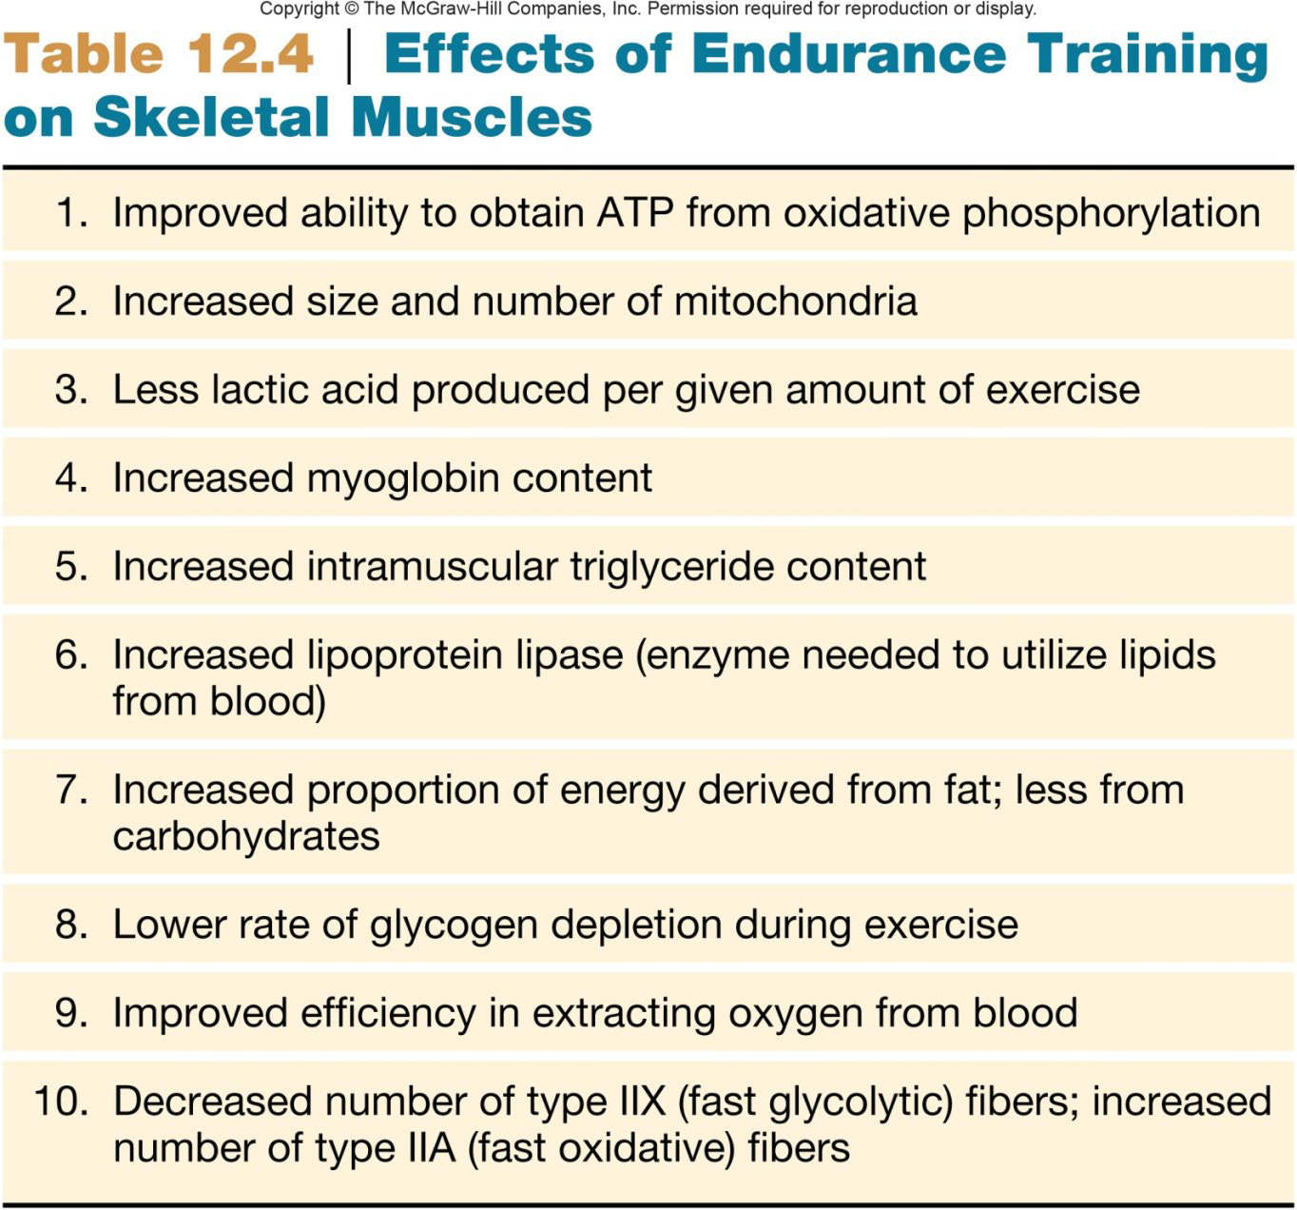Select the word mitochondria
pyautogui.click(x=796, y=302)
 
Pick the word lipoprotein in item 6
pyautogui.click(x=403, y=655)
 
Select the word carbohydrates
pyautogui.click(x=246, y=837)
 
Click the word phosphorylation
pyautogui.click(x=1111, y=213)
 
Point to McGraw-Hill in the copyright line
pyautogui.click(x=449, y=10)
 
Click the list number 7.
pyautogui.click(x=71, y=790)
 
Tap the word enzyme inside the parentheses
pyautogui.click(x=712, y=655)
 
